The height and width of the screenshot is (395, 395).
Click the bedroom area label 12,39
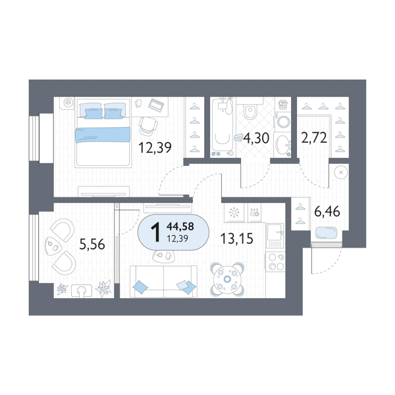155,147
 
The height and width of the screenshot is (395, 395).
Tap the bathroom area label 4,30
256,138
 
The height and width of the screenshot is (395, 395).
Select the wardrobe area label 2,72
314,138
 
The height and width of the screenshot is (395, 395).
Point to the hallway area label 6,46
327,211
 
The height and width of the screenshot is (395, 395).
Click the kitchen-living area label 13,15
237,238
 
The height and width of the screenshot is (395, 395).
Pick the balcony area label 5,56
92,244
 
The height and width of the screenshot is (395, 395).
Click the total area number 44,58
180,226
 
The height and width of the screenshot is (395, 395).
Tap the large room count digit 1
155,232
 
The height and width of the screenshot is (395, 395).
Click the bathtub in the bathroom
223,127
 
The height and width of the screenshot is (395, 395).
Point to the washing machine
282,122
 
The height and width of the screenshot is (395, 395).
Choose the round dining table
227,279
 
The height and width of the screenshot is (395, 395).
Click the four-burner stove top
276,261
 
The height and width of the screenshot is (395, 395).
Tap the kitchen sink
275,232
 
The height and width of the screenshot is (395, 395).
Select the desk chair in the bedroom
148,126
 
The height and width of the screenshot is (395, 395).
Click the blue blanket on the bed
103,135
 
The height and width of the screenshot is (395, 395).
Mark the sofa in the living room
163,281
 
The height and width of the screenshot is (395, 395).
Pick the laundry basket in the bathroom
283,104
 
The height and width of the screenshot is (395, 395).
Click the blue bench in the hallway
326,233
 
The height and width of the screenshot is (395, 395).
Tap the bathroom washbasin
282,145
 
